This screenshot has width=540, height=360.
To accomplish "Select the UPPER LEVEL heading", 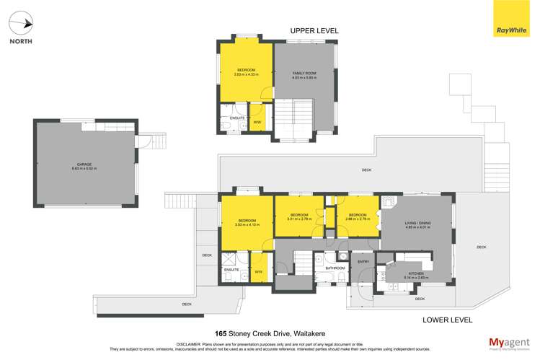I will point(314,31).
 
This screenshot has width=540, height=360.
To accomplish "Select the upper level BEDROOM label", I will point(245,69).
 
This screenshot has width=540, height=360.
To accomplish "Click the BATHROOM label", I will point(335,268).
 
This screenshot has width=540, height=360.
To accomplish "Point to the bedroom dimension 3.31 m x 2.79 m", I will point(299,219).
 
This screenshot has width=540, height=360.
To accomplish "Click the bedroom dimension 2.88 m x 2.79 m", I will point(358,219).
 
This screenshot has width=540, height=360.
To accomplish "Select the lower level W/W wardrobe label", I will point(258,272).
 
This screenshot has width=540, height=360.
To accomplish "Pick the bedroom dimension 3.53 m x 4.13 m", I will point(247,224).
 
